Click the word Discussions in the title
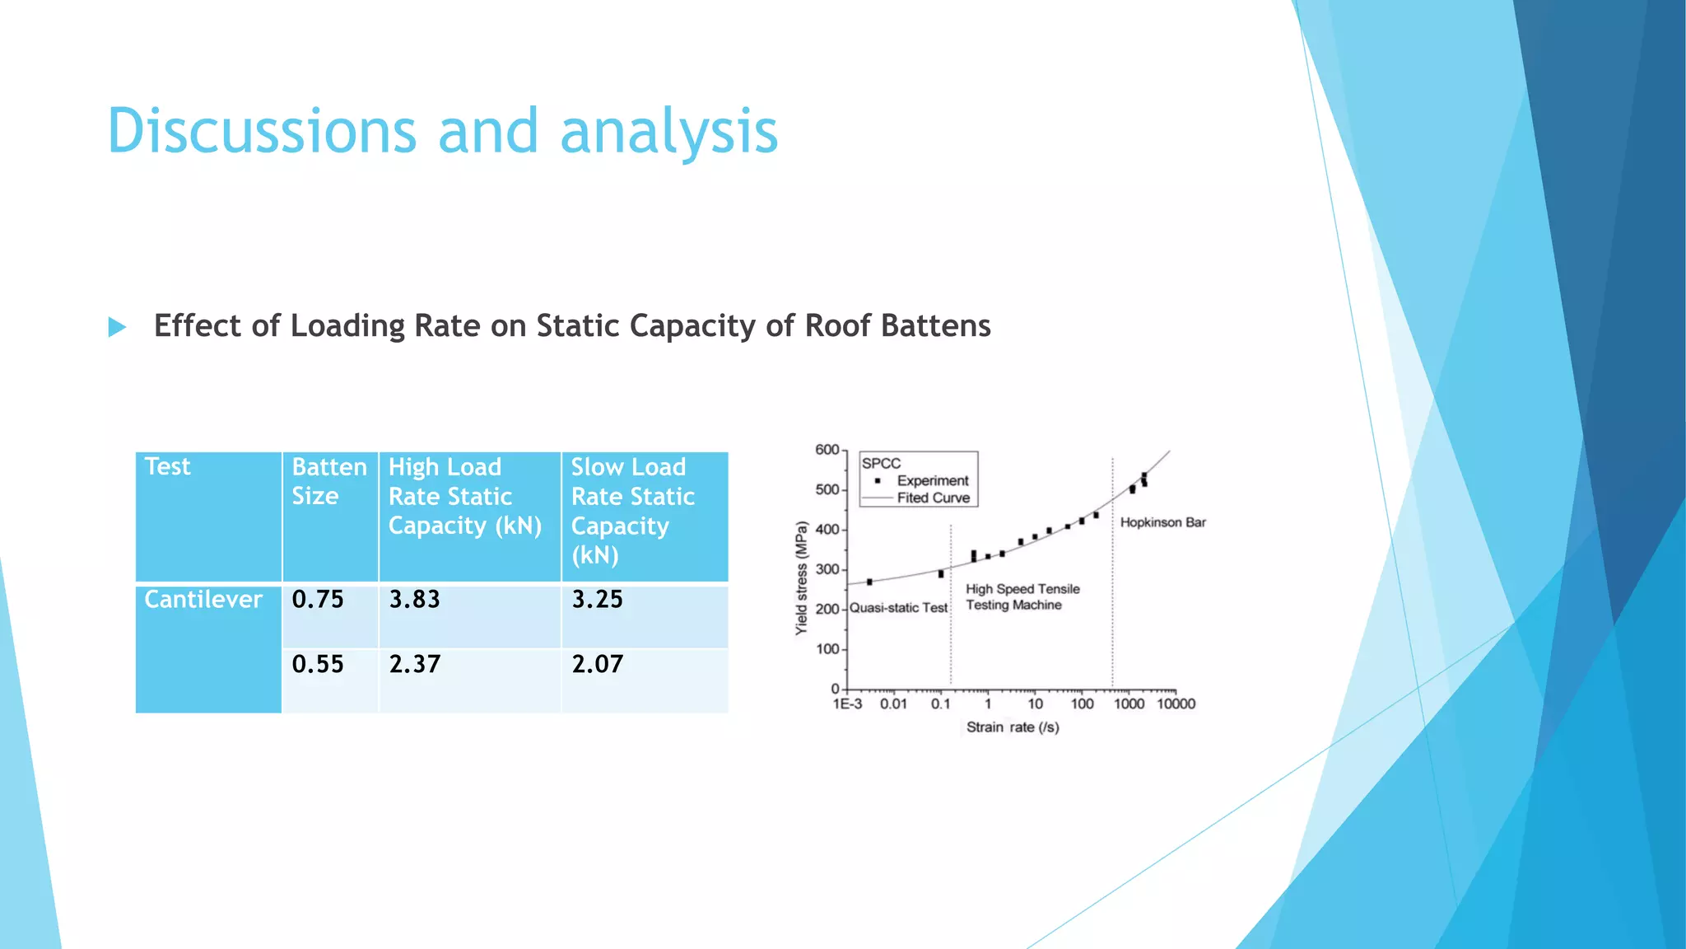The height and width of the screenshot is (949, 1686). [x=262, y=132]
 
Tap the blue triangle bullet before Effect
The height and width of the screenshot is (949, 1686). [x=117, y=328]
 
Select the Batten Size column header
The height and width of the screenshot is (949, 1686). [x=329, y=481]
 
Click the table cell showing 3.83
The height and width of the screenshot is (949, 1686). [x=415, y=600]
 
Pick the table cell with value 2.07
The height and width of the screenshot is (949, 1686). [x=598, y=664]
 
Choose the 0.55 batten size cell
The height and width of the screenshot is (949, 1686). [x=318, y=664]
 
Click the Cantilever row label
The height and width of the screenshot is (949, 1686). [x=203, y=600]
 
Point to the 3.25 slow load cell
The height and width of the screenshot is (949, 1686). [x=598, y=600]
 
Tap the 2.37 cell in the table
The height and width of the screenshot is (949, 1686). [x=415, y=664]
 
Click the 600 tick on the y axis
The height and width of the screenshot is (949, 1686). [x=827, y=450]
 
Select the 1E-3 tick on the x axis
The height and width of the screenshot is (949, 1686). [x=847, y=704]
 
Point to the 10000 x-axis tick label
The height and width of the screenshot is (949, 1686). [x=1176, y=704]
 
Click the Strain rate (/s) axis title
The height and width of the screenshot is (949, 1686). [x=1013, y=727]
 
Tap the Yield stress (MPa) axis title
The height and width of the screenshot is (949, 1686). [x=801, y=578]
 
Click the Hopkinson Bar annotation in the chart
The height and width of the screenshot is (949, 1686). [x=1162, y=522]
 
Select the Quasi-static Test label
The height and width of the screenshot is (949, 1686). [x=899, y=608]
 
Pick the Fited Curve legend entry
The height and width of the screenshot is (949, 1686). [x=933, y=498]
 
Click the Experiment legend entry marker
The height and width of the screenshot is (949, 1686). [x=878, y=480]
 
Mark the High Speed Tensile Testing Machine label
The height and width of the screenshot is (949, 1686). [x=1022, y=597]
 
